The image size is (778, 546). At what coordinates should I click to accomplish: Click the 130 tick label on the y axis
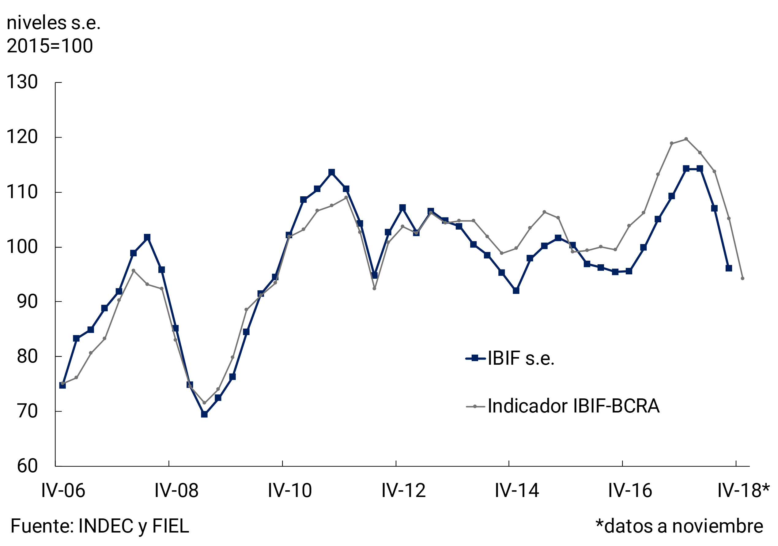click(22, 82)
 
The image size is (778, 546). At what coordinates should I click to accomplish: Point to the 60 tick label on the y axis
click(27, 466)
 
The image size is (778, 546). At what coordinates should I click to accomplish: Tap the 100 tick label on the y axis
click(22, 247)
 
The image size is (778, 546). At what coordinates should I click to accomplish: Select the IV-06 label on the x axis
click(63, 491)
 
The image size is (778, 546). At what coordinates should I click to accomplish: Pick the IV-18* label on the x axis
click(743, 491)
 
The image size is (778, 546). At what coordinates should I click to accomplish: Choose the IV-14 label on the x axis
click(517, 491)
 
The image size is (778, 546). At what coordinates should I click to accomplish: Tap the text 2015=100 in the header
click(50, 46)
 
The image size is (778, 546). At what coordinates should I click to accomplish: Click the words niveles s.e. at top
click(54, 23)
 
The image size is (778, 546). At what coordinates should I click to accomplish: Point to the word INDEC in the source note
click(106, 526)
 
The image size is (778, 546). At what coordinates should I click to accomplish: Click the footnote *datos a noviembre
click(679, 526)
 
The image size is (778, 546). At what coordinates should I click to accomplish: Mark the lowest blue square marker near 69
click(204, 414)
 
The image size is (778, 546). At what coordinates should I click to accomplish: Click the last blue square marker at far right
click(728, 268)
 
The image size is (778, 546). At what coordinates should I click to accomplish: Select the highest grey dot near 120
click(686, 139)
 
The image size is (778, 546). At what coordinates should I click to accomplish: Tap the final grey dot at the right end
click(743, 278)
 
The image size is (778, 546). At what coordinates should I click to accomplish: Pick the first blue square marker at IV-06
click(62, 386)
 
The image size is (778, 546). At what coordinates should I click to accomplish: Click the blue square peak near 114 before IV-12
click(332, 172)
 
